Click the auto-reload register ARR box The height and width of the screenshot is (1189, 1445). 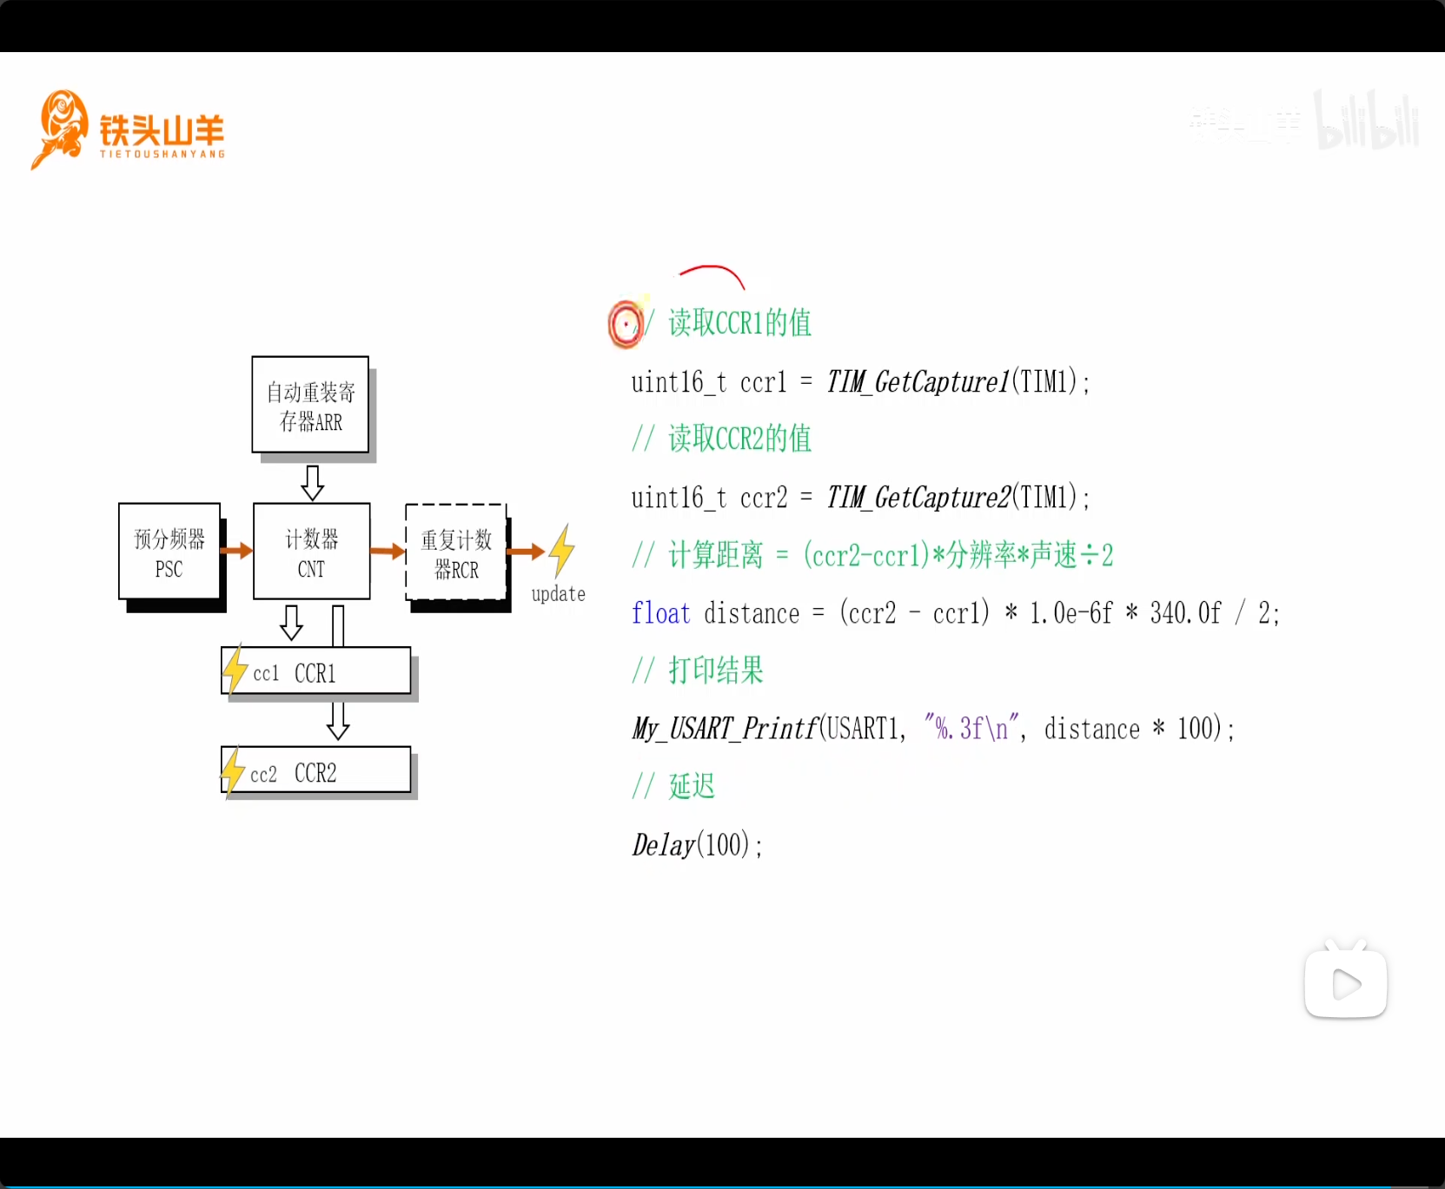click(x=310, y=405)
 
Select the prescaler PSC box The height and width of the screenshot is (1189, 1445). click(x=169, y=552)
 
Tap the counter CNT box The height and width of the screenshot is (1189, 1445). click(x=311, y=552)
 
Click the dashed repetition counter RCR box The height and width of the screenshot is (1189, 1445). click(x=456, y=552)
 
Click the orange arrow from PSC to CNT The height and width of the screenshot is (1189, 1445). click(x=236, y=550)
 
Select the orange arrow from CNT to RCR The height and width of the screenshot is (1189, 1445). click(x=388, y=551)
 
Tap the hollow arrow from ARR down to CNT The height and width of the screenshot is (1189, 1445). click(x=312, y=481)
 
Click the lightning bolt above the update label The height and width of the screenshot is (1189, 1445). click(x=562, y=550)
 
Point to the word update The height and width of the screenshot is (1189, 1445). click(x=558, y=594)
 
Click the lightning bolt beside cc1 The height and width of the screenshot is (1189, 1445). click(x=235, y=669)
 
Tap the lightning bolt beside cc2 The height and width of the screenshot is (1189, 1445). click(x=233, y=770)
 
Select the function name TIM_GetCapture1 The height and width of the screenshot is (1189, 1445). click(x=918, y=381)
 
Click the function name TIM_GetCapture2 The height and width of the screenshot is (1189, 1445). click(x=918, y=498)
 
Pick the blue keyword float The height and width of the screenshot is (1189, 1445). click(x=660, y=613)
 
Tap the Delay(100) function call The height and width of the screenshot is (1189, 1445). click(x=697, y=844)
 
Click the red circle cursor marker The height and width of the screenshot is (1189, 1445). click(x=625, y=325)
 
